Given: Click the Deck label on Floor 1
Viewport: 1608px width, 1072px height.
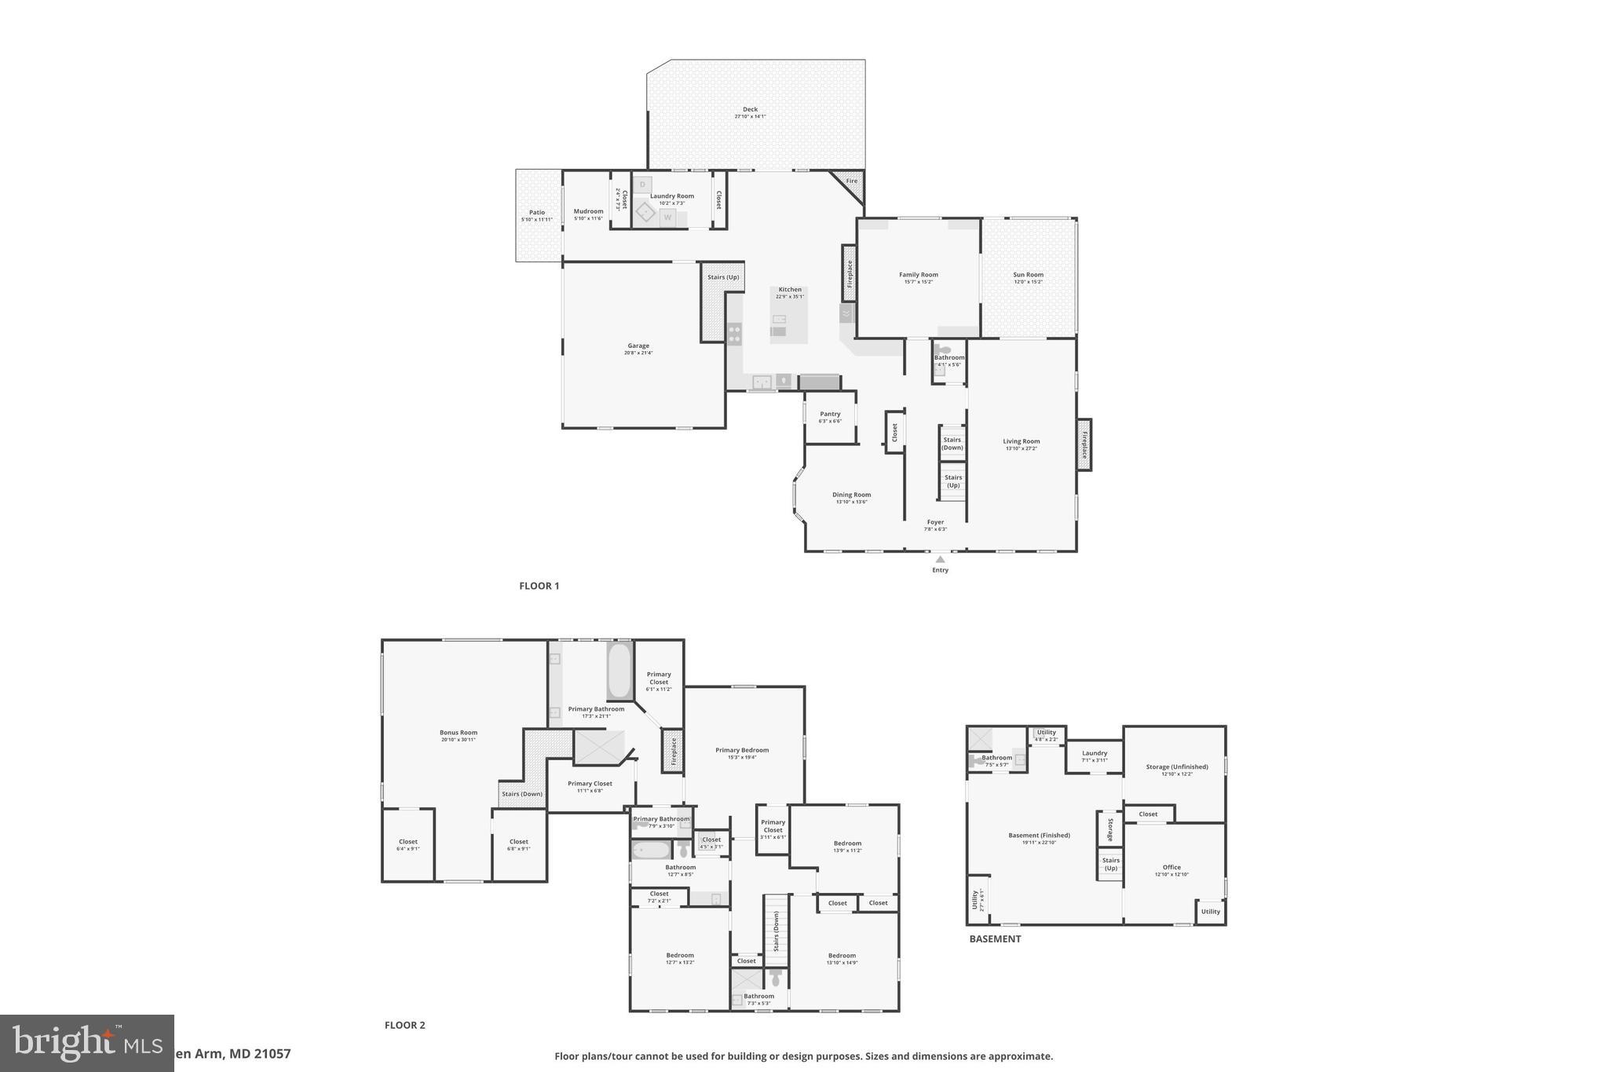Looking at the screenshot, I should coord(750,110).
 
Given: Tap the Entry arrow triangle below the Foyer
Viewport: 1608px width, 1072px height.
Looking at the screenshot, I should coord(940,559).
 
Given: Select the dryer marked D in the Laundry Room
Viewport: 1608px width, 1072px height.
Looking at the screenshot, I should coord(642,185).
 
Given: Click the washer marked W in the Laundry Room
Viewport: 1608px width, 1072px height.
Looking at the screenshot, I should coord(667,217).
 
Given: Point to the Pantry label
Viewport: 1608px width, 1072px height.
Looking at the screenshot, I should coord(830,414).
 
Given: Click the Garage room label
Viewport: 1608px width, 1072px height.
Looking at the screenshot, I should coord(638,346).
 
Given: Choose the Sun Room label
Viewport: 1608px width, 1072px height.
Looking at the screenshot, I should coord(1028,275).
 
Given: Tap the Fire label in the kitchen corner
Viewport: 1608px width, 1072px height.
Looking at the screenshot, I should coord(851,181).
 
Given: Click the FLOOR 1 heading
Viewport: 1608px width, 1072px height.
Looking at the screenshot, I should coord(539,586).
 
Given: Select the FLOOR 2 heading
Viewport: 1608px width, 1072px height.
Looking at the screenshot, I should coord(404,1025).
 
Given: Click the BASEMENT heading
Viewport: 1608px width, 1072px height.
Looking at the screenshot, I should coord(995,938).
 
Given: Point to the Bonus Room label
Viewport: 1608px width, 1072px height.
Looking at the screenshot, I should coord(458,733).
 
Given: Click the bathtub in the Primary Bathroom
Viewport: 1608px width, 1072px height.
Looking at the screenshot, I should coord(619,670).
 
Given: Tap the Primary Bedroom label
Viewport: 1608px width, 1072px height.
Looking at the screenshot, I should coord(742,750).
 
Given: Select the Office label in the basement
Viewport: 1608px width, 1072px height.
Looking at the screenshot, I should coord(1171,868).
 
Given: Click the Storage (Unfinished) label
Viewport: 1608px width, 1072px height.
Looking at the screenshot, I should coord(1176,767).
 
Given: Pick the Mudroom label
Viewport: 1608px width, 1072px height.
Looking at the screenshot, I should coord(588,211).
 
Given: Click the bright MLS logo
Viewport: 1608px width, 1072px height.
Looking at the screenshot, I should coord(86,1043).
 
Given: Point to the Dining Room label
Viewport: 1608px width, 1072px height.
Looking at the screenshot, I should coord(851,495).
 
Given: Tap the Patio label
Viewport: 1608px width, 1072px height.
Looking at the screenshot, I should coord(537,213).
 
